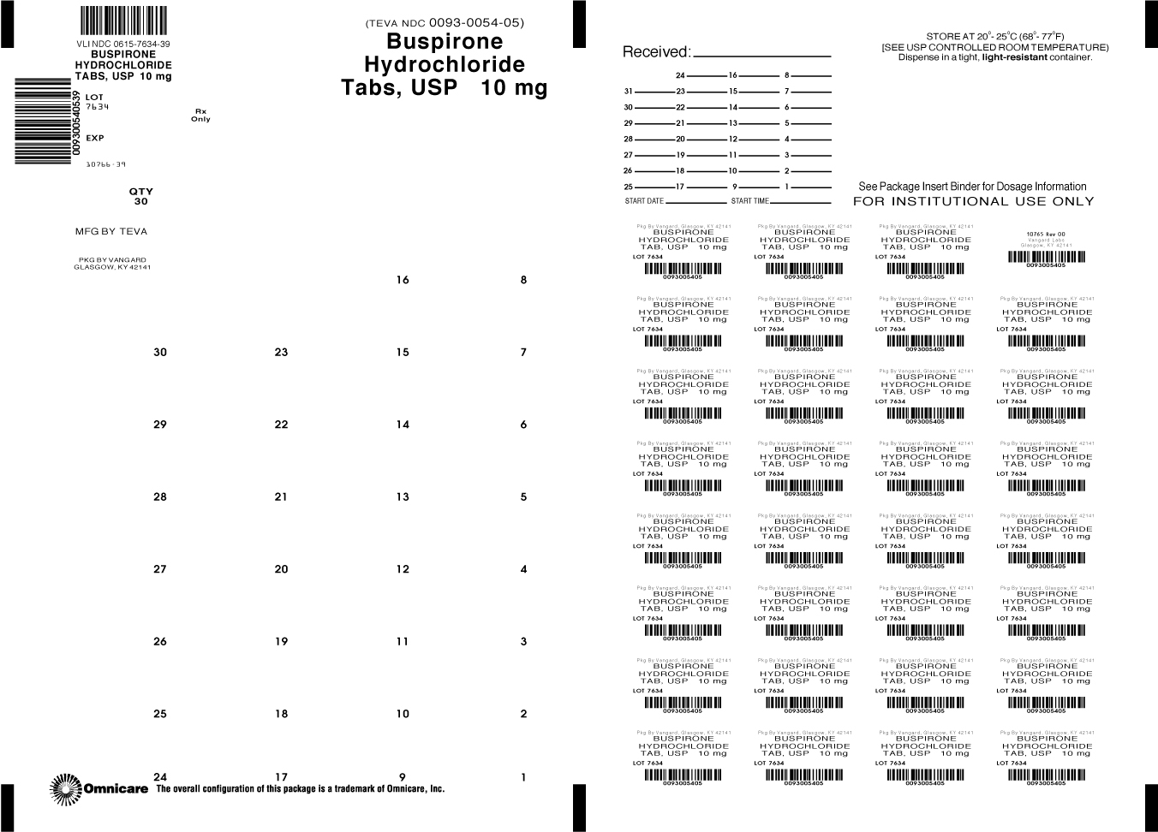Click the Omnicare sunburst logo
pos(65,789)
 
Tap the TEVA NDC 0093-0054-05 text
pos(444,23)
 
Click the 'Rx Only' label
pos(200,115)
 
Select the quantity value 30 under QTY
pos(140,202)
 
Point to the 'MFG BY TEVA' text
pos(111,231)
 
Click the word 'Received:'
pos(655,52)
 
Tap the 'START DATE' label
pos(644,201)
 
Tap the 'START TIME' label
pos(749,201)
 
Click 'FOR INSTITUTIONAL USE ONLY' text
pos(973,201)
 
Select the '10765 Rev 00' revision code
pos(1046,234)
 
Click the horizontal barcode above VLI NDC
pos(123,21)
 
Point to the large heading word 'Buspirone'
pos(445,42)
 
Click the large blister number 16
pos(403,280)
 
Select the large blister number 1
pos(523,777)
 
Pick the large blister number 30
pos(160,352)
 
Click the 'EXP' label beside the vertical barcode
pos(95,138)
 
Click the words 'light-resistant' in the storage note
pos(1015,57)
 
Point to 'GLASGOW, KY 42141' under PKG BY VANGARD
pos(112,267)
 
